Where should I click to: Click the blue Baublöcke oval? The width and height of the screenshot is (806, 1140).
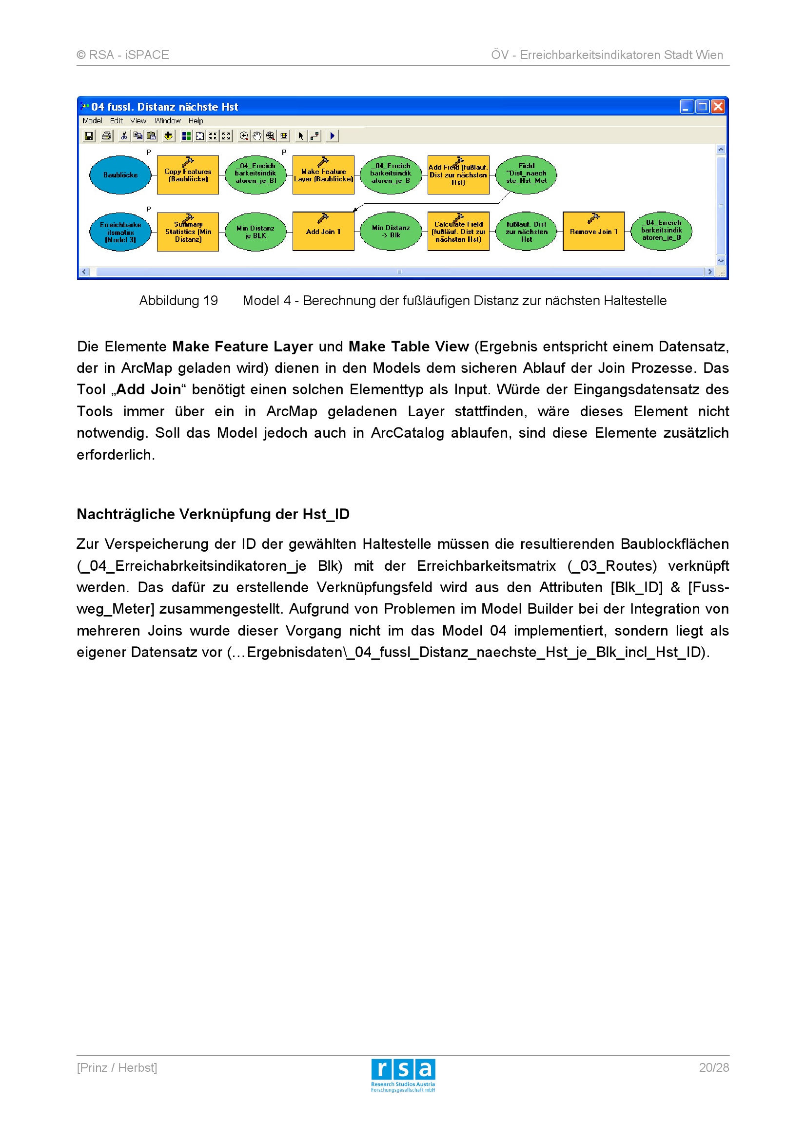tap(120, 175)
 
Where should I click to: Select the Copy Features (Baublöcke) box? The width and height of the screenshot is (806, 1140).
tap(188, 175)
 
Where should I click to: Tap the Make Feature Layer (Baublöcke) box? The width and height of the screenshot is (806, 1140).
tap(323, 175)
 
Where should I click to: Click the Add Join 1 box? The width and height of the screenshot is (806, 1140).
tap(323, 232)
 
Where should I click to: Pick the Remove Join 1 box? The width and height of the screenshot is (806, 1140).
tap(593, 232)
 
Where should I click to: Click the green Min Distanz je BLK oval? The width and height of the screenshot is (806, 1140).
tap(256, 232)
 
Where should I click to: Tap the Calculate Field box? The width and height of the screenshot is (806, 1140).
tap(458, 232)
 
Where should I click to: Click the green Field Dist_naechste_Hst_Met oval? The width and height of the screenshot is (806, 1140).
tap(527, 174)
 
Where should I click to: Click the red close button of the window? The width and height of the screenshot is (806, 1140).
tap(718, 107)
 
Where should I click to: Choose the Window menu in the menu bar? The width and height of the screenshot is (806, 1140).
tap(167, 121)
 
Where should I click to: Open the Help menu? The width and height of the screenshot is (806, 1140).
tap(196, 121)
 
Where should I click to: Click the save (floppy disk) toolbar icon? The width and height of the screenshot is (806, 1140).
tap(89, 135)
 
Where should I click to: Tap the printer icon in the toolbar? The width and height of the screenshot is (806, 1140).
tap(106, 135)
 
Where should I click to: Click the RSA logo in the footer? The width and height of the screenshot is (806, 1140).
tap(403, 1076)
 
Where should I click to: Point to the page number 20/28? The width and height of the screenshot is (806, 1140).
tap(714, 1067)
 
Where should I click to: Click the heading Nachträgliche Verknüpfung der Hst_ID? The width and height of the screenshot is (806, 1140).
tap(213, 514)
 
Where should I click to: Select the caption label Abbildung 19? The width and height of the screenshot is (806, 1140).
tap(178, 301)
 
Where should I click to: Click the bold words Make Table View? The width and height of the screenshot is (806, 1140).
tap(409, 347)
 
